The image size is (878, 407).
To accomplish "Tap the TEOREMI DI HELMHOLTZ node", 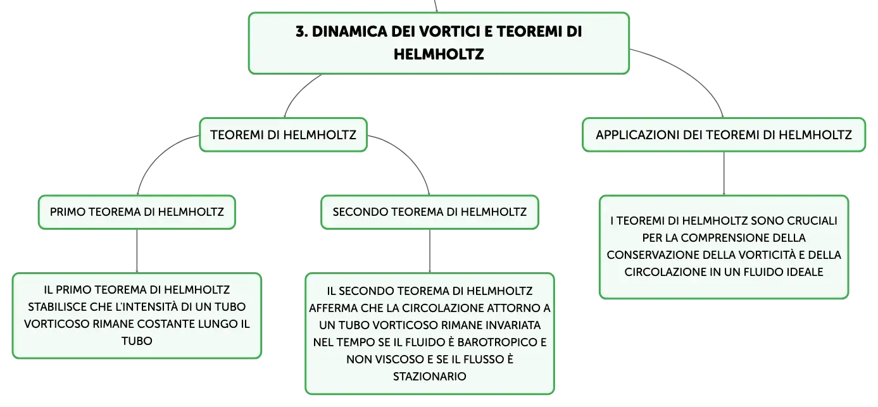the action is tap(283, 134).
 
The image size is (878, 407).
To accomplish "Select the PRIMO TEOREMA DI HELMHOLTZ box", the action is tap(137, 212).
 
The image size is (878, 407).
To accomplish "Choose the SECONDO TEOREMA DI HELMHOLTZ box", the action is tap(430, 212).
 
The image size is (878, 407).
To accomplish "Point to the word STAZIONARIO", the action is tap(430, 377).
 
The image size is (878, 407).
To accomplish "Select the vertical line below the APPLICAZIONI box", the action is tap(724, 173).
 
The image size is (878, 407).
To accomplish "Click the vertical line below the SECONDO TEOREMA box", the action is tap(430, 251).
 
